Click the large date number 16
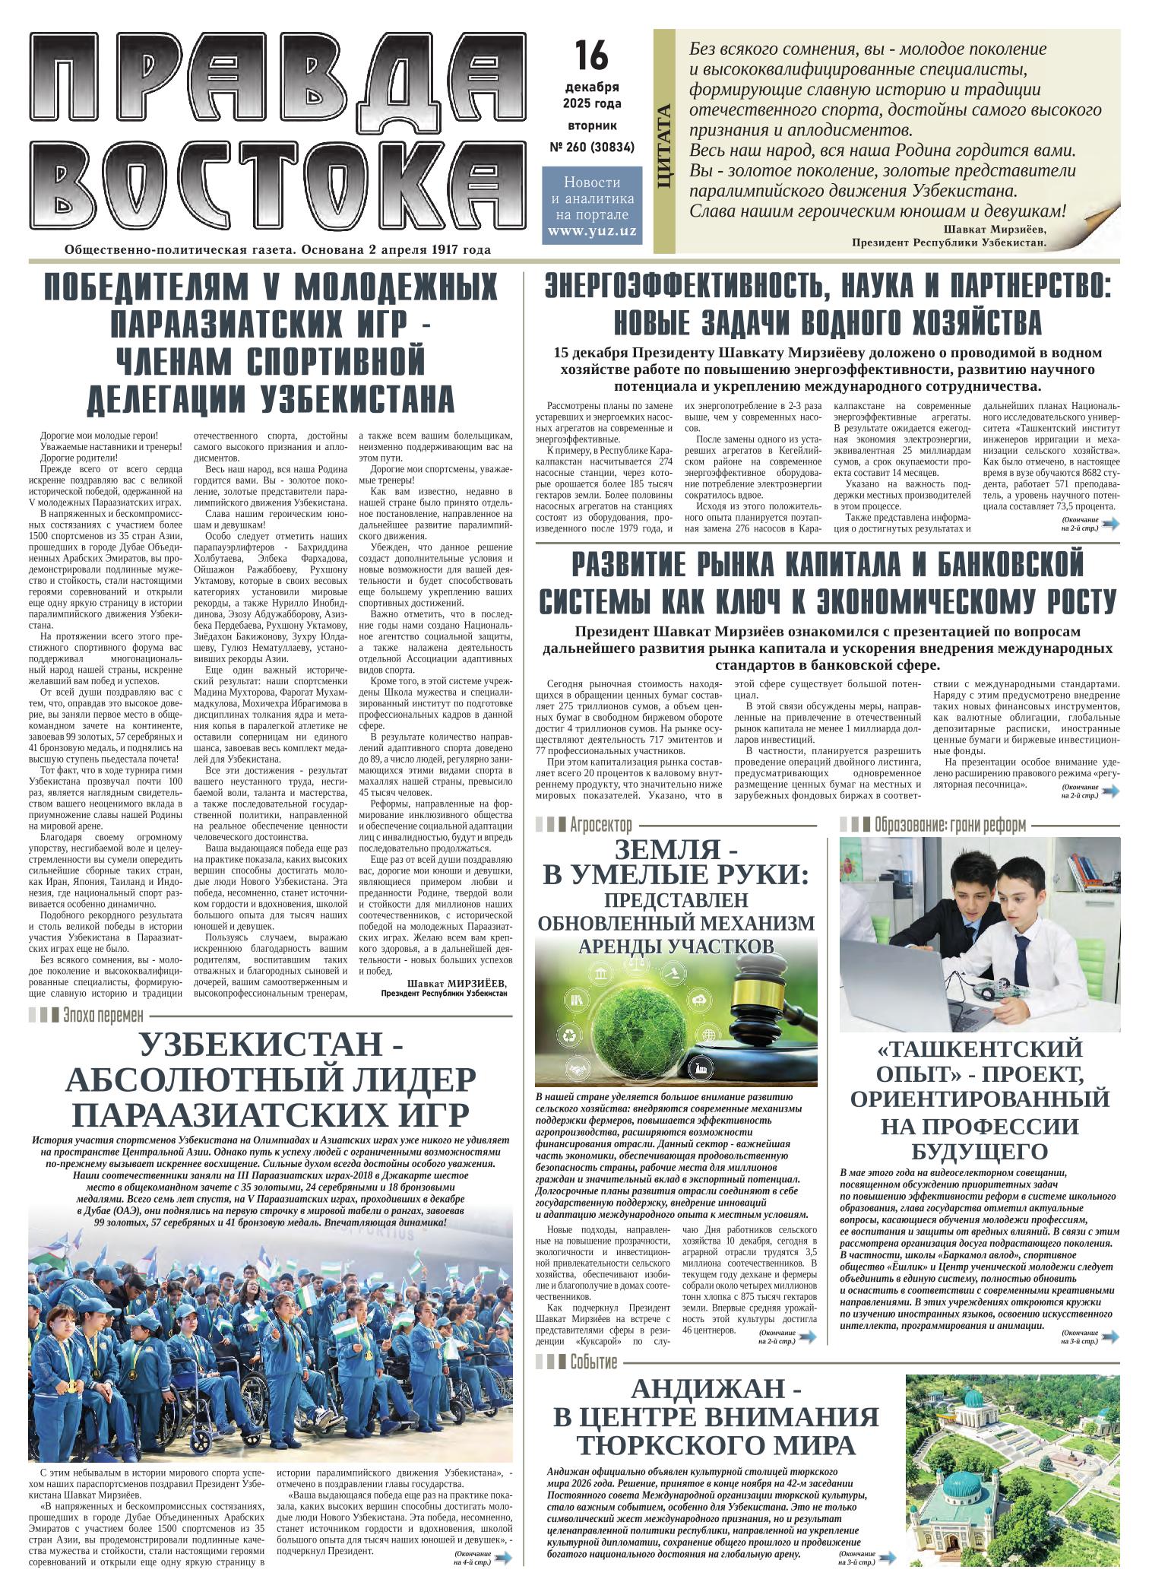pos(591,55)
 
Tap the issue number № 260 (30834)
pos(591,146)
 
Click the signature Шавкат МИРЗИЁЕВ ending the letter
pos(456,983)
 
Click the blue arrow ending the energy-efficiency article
pos(1110,523)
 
